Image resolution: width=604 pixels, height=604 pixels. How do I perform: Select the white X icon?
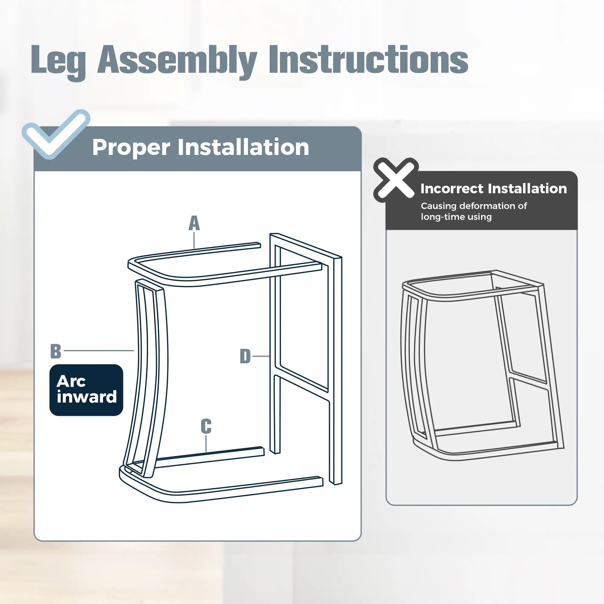click(396, 180)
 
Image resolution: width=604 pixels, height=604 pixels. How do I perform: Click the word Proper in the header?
click(131, 148)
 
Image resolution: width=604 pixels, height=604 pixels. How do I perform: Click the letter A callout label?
click(194, 223)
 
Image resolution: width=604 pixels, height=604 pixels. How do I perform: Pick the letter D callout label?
click(245, 356)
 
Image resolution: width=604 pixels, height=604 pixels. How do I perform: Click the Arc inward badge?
click(86, 390)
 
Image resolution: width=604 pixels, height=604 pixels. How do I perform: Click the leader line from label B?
click(99, 350)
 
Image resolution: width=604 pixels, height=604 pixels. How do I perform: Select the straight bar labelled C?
click(210, 457)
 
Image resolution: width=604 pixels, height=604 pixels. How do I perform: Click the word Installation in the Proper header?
click(243, 147)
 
